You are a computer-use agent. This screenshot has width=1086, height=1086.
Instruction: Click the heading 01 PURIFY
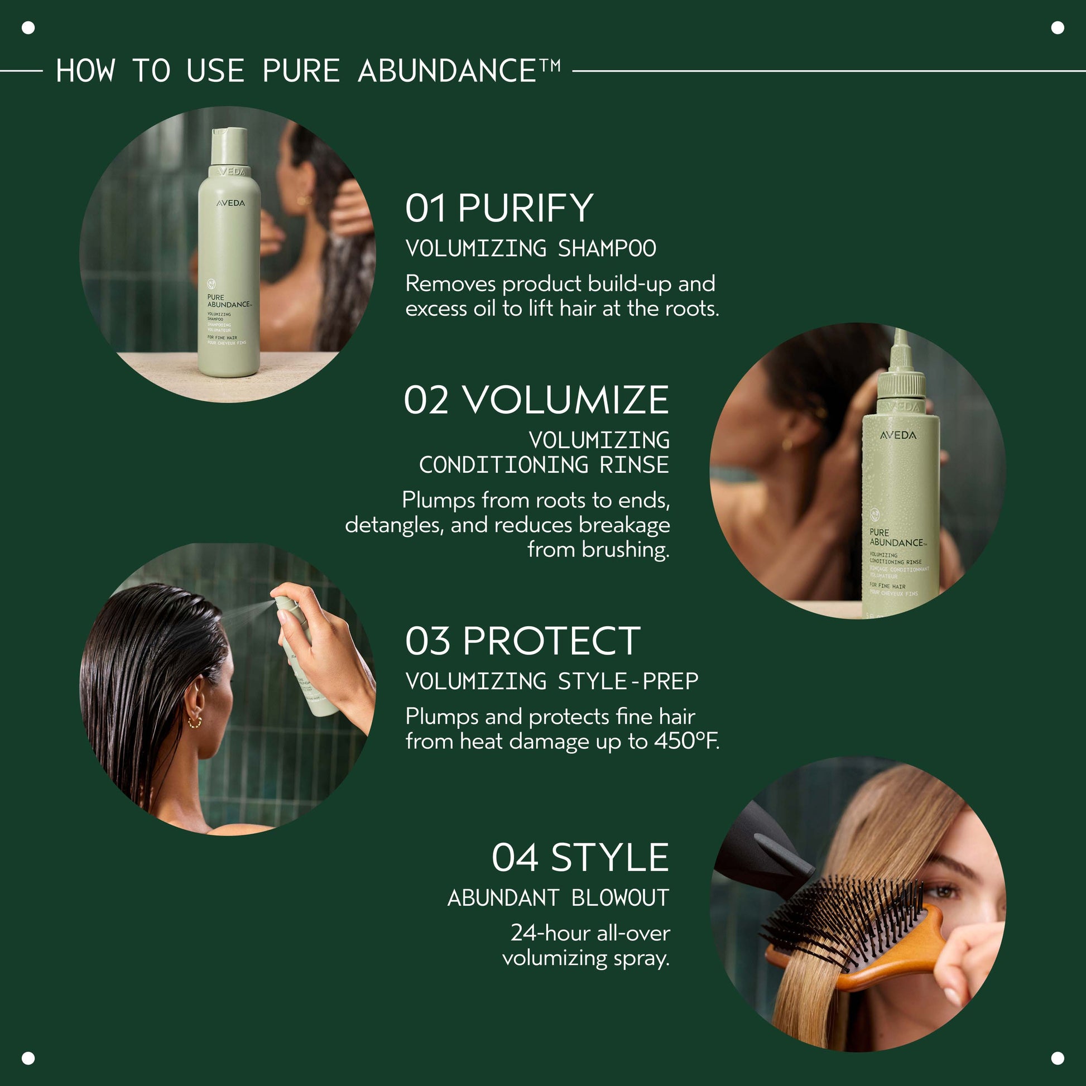pyautogui.click(x=498, y=209)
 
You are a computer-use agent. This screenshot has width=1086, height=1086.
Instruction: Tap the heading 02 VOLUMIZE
pyautogui.click(x=536, y=401)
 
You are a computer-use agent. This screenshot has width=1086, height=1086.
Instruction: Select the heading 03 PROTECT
pyautogui.click(x=522, y=641)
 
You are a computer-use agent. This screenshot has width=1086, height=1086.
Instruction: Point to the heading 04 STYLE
pyautogui.click(x=579, y=858)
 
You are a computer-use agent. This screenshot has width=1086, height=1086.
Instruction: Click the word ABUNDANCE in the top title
pyautogui.click(x=447, y=71)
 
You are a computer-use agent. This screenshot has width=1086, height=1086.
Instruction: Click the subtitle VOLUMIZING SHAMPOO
pyautogui.click(x=531, y=248)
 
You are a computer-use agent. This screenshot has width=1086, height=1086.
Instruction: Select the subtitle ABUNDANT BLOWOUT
pyautogui.click(x=558, y=898)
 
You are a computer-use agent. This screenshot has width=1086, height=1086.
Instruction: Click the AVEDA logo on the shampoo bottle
pyautogui.click(x=230, y=203)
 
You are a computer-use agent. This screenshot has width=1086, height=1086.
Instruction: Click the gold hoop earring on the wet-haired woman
pyautogui.click(x=195, y=722)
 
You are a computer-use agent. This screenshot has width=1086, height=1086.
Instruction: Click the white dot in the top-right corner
pyautogui.click(x=1058, y=27)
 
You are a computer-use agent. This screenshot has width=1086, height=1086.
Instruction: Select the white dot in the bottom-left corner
pyautogui.click(x=28, y=1059)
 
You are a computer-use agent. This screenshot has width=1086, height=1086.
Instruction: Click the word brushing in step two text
pyautogui.click(x=624, y=550)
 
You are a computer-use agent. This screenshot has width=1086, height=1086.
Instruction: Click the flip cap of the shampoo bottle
pyautogui.click(x=229, y=145)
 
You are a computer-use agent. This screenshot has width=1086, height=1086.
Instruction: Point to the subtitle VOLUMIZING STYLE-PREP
pyautogui.click(x=551, y=681)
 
